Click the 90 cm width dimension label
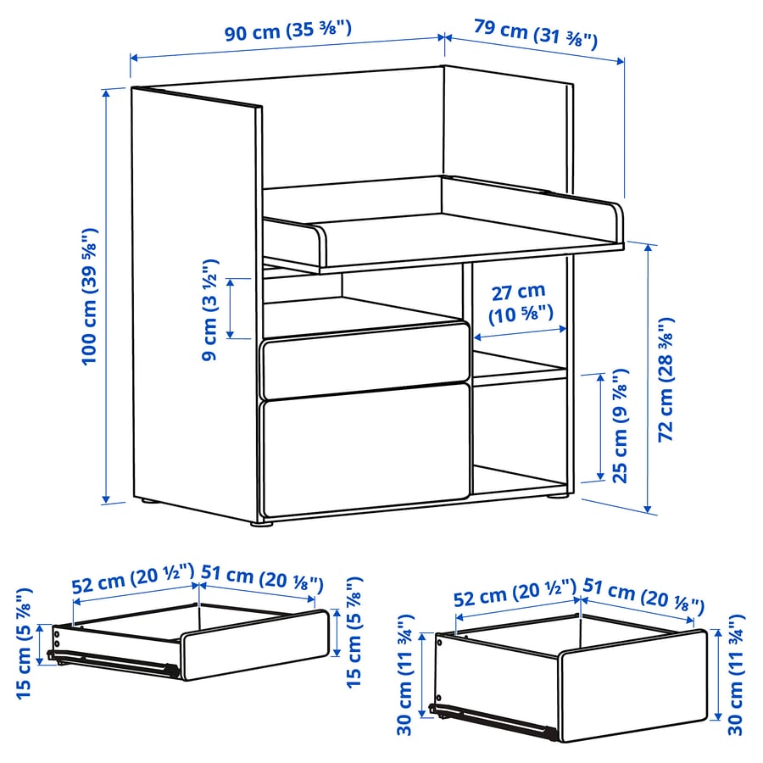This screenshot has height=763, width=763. [x=287, y=31]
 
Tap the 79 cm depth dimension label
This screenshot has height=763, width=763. [x=536, y=34]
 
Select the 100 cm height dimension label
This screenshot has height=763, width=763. [x=90, y=297]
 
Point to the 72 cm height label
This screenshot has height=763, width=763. [x=666, y=380]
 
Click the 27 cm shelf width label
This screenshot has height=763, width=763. [x=521, y=304]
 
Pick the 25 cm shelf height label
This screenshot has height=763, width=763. [x=620, y=426]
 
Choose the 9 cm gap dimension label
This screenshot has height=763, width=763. [x=209, y=310]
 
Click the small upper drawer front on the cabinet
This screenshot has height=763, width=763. [x=365, y=360]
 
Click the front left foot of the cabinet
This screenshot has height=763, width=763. [x=261, y=525]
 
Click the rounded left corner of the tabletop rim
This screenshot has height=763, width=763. [x=320, y=234]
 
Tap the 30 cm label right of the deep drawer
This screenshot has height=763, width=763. [x=736, y=675]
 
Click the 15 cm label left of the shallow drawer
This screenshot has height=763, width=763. [x=25, y=643]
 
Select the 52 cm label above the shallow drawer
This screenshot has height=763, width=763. [x=133, y=577]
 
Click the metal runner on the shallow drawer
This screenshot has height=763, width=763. [x=113, y=664]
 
